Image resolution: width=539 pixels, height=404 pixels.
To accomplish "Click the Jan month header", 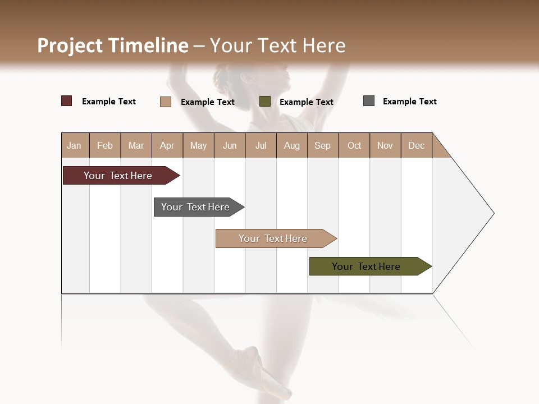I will point(75,145).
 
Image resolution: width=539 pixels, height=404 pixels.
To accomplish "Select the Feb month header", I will point(105,145).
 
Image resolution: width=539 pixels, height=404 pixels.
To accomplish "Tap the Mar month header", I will point(136,145).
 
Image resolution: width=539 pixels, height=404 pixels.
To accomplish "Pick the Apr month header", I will point(167,145).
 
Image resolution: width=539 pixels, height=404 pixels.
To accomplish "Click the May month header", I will point(198,145).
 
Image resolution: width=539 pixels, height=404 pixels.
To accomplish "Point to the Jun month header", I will point(230,145).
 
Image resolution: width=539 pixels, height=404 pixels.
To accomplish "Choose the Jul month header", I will point(261,145).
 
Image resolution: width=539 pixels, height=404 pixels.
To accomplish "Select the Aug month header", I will point(292,145).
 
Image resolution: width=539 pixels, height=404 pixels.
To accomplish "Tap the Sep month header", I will point(323,145).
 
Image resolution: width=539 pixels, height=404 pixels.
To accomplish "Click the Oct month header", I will point(354,145).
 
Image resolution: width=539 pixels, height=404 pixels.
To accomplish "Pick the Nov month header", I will point(385,145).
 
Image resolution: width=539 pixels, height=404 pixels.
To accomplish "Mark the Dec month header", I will point(417,145).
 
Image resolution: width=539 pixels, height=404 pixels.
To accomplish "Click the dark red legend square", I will point(67,101).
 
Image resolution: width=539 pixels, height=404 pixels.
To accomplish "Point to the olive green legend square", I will point(265,102).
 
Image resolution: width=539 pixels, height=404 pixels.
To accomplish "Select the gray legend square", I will point(369,101).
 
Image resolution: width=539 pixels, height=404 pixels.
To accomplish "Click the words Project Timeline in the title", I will point(113,45).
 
